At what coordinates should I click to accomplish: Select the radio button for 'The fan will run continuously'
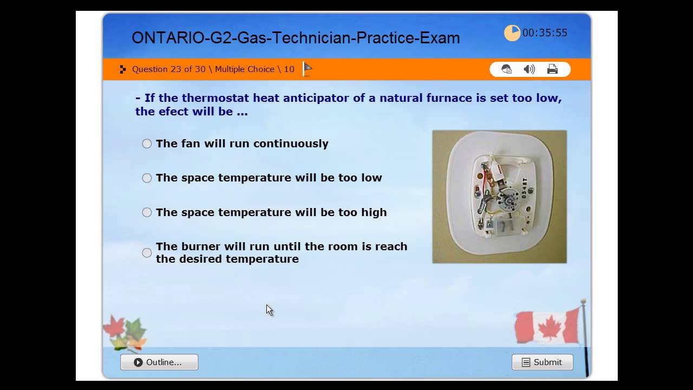pos(147,144)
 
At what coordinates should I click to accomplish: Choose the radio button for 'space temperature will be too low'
pos(147,178)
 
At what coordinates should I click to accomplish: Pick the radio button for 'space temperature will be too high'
pos(147,212)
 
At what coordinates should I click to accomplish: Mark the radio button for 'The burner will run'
pos(147,253)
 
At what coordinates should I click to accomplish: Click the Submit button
pos(542,362)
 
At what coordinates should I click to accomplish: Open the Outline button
pos(159,362)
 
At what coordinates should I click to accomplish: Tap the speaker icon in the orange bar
pos(529,69)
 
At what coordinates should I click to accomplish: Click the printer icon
pos(552,69)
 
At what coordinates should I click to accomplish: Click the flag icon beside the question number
pos(308,69)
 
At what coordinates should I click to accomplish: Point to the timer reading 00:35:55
pos(545,33)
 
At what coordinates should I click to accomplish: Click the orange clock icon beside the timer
pos(512,33)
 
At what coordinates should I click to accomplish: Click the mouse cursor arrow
pos(269,309)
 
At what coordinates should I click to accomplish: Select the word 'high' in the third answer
pos(374,212)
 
